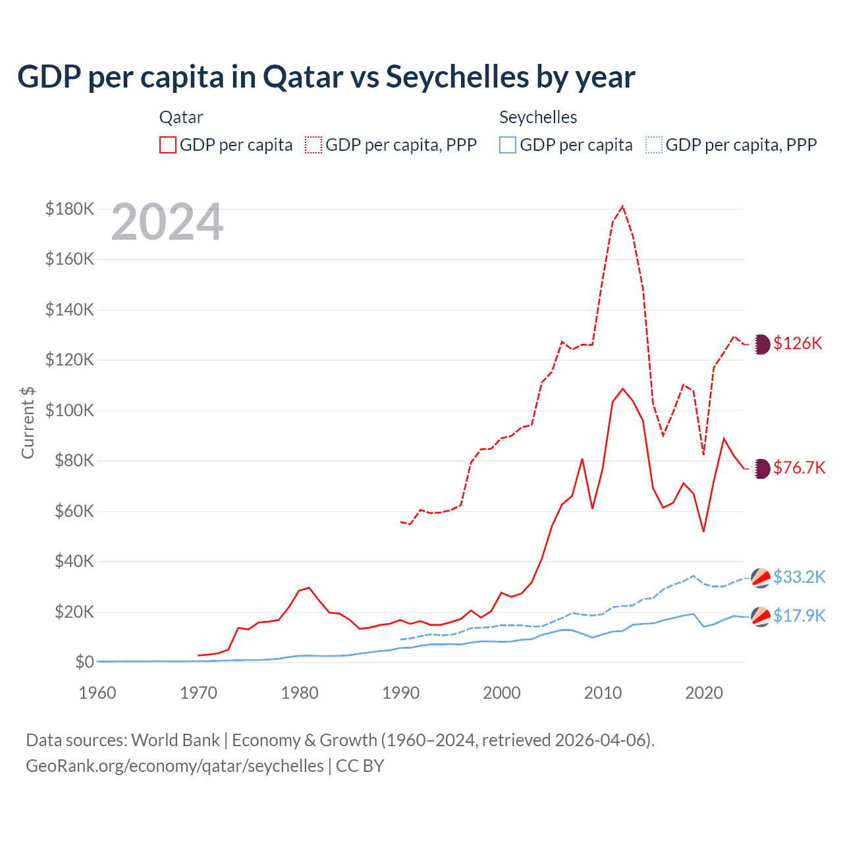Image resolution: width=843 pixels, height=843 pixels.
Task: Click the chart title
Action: (x=326, y=76)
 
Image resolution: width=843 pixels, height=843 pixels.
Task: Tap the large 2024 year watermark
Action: (x=167, y=222)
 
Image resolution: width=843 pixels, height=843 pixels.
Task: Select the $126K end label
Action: (x=798, y=343)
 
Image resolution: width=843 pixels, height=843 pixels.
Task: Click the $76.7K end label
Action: (x=799, y=468)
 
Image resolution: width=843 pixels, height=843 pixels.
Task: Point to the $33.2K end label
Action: (x=799, y=577)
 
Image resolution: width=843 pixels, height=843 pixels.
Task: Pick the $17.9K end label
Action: (x=799, y=616)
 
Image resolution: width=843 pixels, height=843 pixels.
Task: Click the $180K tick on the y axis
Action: (x=70, y=209)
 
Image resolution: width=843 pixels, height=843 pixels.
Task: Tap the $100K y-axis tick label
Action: (x=70, y=410)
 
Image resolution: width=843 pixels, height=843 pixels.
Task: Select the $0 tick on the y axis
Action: (x=84, y=662)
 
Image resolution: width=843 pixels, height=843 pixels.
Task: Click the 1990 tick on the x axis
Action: (x=400, y=693)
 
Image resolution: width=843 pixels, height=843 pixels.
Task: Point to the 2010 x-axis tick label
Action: (x=603, y=693)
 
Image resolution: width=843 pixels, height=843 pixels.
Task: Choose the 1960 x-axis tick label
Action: (x=97, y=693)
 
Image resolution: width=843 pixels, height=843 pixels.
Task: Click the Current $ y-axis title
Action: (x=28, y=422)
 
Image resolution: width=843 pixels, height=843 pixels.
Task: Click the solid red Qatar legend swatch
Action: (x=168, y=145)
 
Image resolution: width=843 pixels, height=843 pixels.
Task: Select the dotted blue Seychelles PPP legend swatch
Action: (x=654, y=145)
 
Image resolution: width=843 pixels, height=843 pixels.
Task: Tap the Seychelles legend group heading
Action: (x=538, y=117)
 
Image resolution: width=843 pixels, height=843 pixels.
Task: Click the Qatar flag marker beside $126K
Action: (x=761, y=344)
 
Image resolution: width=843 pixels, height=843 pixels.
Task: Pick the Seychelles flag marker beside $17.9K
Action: (x=761, y=616)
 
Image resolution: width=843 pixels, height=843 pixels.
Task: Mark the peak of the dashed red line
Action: (x=622, y=206)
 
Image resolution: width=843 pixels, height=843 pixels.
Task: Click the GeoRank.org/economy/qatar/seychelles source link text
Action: (x=175, y=766)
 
